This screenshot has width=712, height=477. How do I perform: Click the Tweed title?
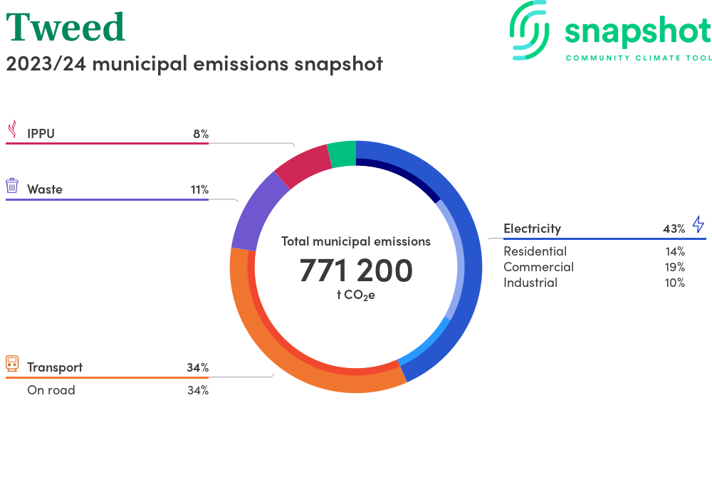click(x=66, y=27)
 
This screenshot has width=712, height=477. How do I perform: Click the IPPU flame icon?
click(x=12, y=129)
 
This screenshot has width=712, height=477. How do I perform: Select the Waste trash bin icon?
click(x=12, y=186)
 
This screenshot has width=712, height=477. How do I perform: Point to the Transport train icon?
click(x=12, y=364)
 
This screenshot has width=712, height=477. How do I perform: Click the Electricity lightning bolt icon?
click(x=698, y=225)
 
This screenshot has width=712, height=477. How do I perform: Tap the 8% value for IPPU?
click(x=200, y=133)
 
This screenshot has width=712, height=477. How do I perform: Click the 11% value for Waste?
click(x=199, y=189)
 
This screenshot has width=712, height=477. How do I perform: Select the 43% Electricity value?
click(x=674, y=229)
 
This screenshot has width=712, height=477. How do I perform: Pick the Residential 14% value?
click(x=674, y=251)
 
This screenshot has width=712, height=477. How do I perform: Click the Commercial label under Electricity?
click(x=538, y=267)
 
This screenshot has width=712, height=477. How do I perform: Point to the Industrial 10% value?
click(x=674, y=283)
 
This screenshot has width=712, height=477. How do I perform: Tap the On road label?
click(x=51, y=390)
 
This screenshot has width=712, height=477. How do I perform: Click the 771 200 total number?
click(x=356, y=271)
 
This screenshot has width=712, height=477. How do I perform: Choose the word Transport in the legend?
click(x=55, y=367)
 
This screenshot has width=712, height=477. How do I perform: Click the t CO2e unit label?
click(x=355, y=295)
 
